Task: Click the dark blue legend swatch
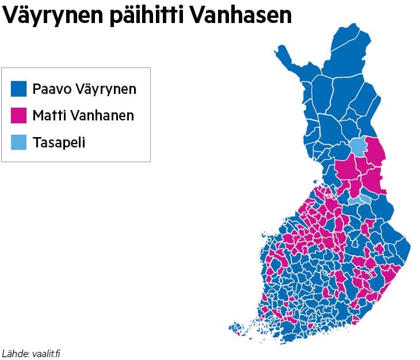[x=19, y=89]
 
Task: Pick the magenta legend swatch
[x=19, y=115]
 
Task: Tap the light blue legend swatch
[x=19, y=142]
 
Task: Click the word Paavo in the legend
[x=51, y=89]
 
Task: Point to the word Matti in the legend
[x=49, y=115]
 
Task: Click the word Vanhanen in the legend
[x=102, y=115]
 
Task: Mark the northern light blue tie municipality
[x=358, y=147]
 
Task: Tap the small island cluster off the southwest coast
[x=236, y=330]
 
